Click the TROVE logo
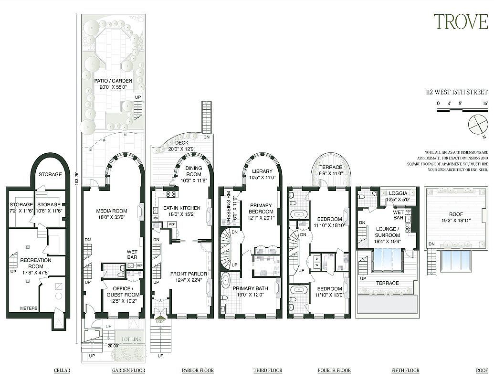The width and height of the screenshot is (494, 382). (460, 22)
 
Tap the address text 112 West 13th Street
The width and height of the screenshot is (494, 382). (457, 92)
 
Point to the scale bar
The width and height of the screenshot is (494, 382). (462, 110)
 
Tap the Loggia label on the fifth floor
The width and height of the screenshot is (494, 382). (398, 193)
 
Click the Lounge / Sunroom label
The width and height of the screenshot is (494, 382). (388, 232)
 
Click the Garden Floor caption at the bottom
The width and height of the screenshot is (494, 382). (128, 371)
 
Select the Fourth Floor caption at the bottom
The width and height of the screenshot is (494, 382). (334, 371)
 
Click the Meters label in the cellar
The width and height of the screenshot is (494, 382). (29, 308)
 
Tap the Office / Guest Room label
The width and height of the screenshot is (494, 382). (122, 292)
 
